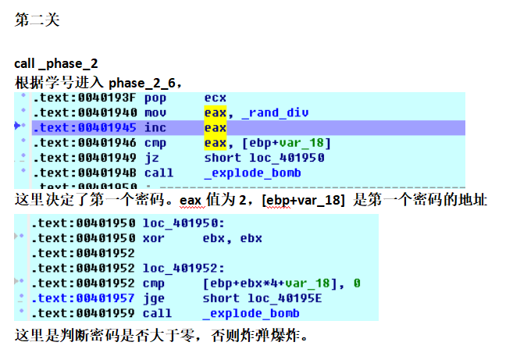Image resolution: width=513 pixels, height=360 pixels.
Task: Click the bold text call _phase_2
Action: click(x=56, y=63)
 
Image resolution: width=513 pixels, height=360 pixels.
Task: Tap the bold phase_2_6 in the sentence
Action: click(x=145, y=83)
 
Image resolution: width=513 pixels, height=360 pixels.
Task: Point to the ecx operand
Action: click(x=215, y=98)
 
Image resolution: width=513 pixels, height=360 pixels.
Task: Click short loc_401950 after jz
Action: click(x=263, y=157)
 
